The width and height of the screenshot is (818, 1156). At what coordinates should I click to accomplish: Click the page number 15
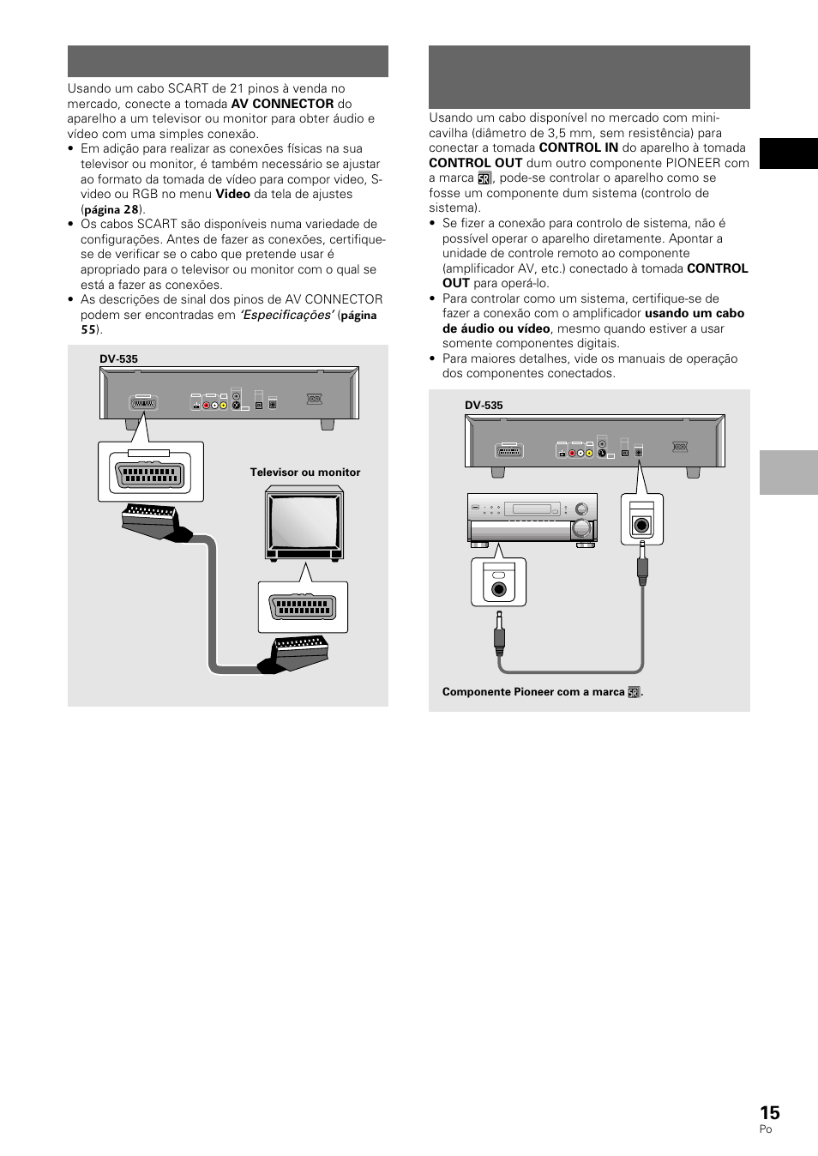tap(769, 1112)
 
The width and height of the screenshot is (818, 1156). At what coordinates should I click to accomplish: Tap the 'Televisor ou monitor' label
tap(304, 473)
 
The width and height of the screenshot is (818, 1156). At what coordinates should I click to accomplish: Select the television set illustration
tap(304, 523)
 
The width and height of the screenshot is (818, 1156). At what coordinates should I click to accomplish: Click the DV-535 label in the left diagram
tap(118, 359)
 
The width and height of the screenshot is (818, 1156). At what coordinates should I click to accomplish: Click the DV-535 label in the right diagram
tap(484, 406)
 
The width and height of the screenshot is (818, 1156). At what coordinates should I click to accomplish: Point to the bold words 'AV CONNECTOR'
tap(282, 104)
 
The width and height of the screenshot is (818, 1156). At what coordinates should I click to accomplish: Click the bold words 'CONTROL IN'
tap(578, 148)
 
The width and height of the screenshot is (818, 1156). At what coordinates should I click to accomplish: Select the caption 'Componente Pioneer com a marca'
tap(533, 692)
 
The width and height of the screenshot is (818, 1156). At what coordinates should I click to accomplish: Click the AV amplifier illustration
tap(532, 519)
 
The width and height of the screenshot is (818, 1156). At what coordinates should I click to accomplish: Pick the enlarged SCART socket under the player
tap(150, 474)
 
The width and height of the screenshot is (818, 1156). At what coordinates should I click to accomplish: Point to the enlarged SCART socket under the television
tap(303, 607)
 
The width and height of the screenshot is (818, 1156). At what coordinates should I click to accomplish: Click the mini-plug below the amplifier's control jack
tap(499, 635)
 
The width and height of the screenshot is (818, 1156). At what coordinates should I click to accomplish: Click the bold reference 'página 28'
tap(111, 209)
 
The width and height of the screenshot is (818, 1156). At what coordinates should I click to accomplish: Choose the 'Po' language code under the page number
tap(765, 1129)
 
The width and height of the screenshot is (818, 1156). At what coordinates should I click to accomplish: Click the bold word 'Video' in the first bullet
tap(232, 194)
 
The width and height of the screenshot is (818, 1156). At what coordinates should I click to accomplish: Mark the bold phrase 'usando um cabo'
tap(694, 314)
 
